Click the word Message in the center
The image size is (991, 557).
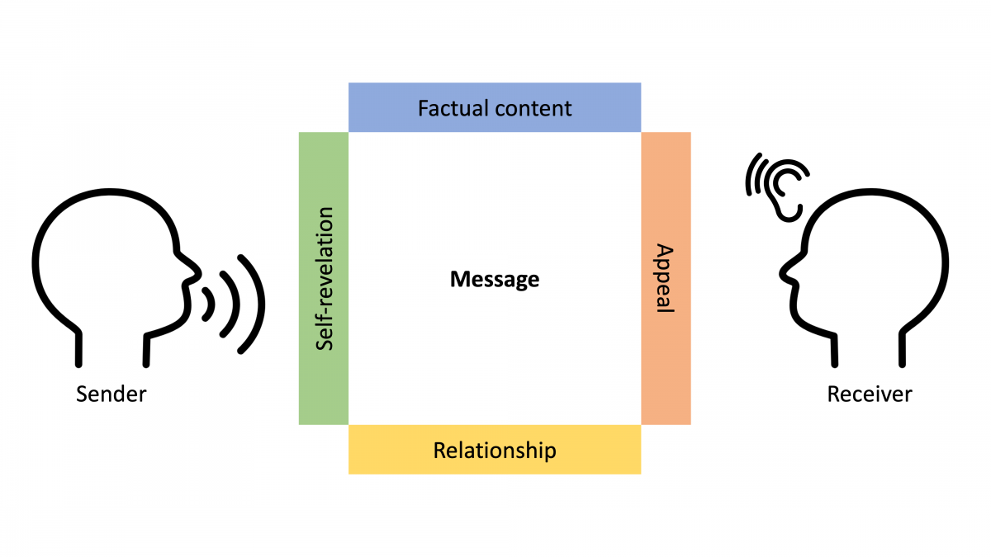pos(495,280)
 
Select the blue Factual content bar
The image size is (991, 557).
pos(495,107)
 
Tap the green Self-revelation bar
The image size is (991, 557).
pos(324,278)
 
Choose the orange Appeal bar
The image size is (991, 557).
pos(666,278)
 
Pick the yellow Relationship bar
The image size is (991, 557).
pos(495,451)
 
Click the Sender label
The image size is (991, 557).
pos(111,394)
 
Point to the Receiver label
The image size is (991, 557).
pos(870,394)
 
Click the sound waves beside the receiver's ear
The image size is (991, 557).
pos(754,176)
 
